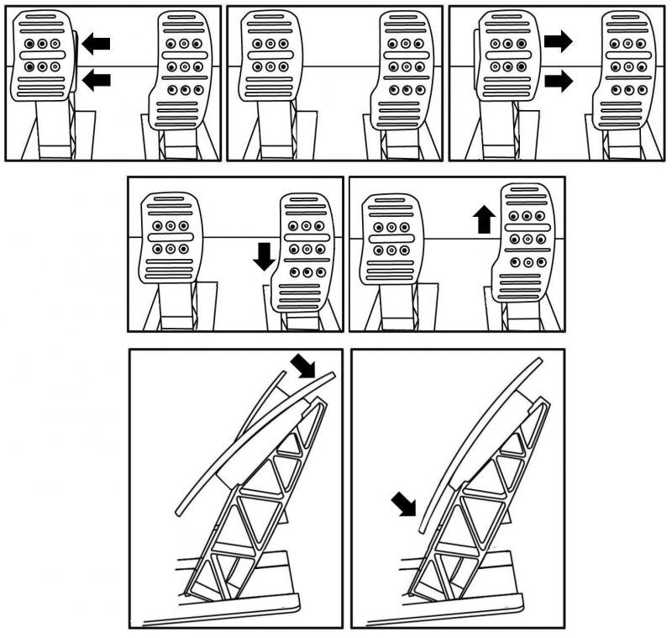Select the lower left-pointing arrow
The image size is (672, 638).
(97, 79)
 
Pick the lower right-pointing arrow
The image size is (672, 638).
(558, 81)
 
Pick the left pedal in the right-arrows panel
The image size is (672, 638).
(506, 55)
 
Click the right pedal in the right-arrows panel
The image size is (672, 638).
(628, 71)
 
